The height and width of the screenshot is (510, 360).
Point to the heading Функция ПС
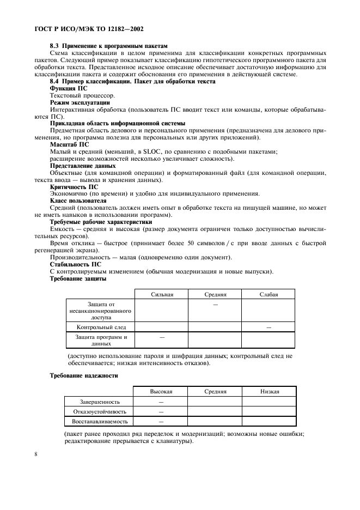point(69,88)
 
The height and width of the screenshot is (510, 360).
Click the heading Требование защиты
point(78,278)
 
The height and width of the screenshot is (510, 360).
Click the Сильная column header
point(162,294)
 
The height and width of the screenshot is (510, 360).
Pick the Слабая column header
point(269,294)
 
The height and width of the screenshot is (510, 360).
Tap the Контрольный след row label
point(101,327)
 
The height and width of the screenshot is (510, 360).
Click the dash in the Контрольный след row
point(269,327)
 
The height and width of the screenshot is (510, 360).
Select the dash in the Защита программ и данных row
point(162,338)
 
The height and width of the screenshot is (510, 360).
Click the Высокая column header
point(161,391)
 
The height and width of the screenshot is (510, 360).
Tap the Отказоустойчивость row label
point(100,412)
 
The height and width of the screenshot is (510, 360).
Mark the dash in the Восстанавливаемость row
point(161,422)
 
